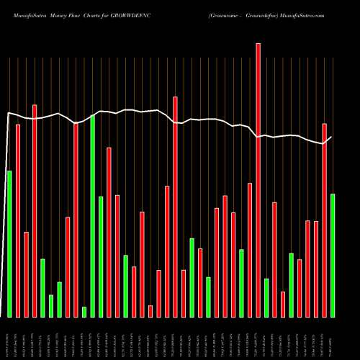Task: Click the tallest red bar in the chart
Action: (258, 180)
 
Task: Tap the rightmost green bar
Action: (333, 255)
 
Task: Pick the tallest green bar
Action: (93, 216)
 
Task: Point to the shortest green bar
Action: (84, 312)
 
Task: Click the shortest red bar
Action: (150, 311)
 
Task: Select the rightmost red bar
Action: (324, 220)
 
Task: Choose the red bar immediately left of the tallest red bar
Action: (250, 250)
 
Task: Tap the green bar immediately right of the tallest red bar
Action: (266, 297)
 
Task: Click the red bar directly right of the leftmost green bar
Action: (18, 220)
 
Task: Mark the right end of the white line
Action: (331, 137)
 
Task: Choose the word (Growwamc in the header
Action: (226, 14)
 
